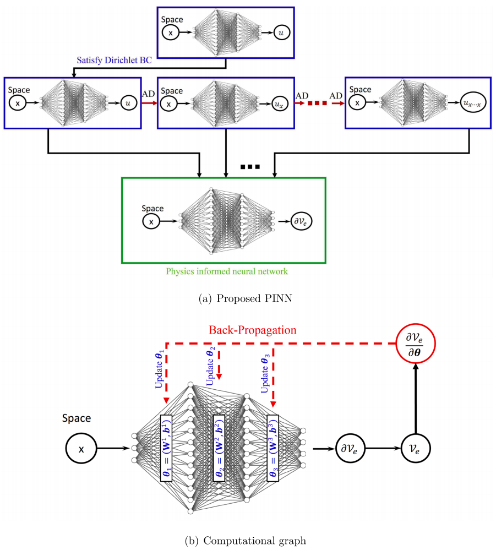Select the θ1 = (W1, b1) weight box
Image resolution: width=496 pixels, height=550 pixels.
tap(166, 448)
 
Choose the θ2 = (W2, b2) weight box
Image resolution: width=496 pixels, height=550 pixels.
tap(219, 448)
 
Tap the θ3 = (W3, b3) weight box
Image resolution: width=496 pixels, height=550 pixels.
tap(273, 448)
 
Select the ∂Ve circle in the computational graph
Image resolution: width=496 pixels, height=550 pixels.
tap(351, 449)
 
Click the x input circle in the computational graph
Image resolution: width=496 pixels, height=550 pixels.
tap(81, 449)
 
